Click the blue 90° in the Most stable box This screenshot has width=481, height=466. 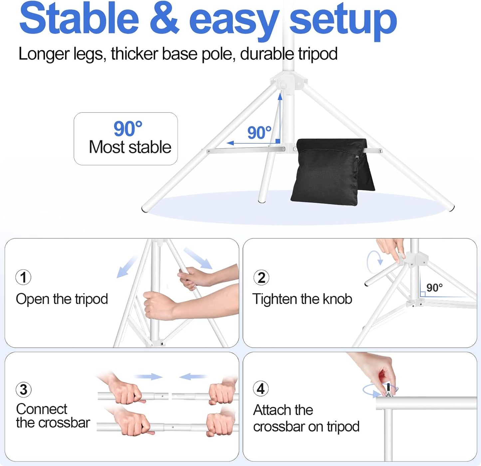point(128,129)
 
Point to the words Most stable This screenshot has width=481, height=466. point(130,147)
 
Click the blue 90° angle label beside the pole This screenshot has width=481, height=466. point(259,133)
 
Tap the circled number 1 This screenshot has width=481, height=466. point(23,277)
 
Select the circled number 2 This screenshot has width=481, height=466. point(261,277)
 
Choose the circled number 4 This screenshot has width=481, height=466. point(261,389)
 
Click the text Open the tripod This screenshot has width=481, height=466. point(62,299)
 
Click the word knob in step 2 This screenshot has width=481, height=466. point(337,299)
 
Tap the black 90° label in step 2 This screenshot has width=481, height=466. point(434,287)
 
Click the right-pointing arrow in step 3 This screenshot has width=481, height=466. point(149,377)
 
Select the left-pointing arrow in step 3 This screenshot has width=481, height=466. point(193,377)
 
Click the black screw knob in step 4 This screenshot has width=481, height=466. point(388,388)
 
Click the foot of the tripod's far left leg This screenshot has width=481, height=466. point(145,209)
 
